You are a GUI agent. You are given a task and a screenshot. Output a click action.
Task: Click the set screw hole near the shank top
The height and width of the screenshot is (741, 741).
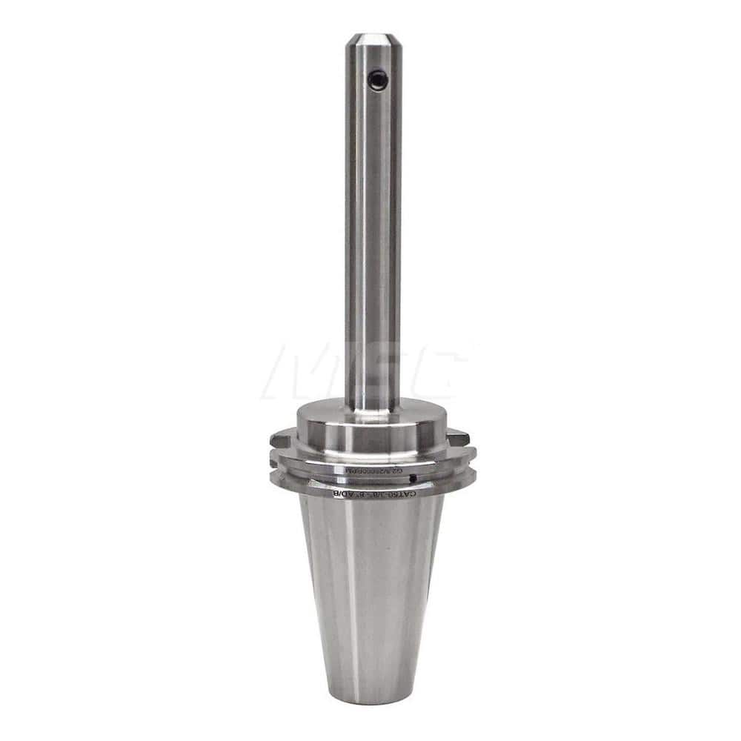378,79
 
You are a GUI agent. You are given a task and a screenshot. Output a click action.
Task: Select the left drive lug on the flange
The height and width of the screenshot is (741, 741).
281,439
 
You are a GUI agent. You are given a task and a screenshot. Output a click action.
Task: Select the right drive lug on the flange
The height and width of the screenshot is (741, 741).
459,437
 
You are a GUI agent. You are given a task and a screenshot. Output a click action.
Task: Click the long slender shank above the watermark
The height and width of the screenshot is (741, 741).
373,222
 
